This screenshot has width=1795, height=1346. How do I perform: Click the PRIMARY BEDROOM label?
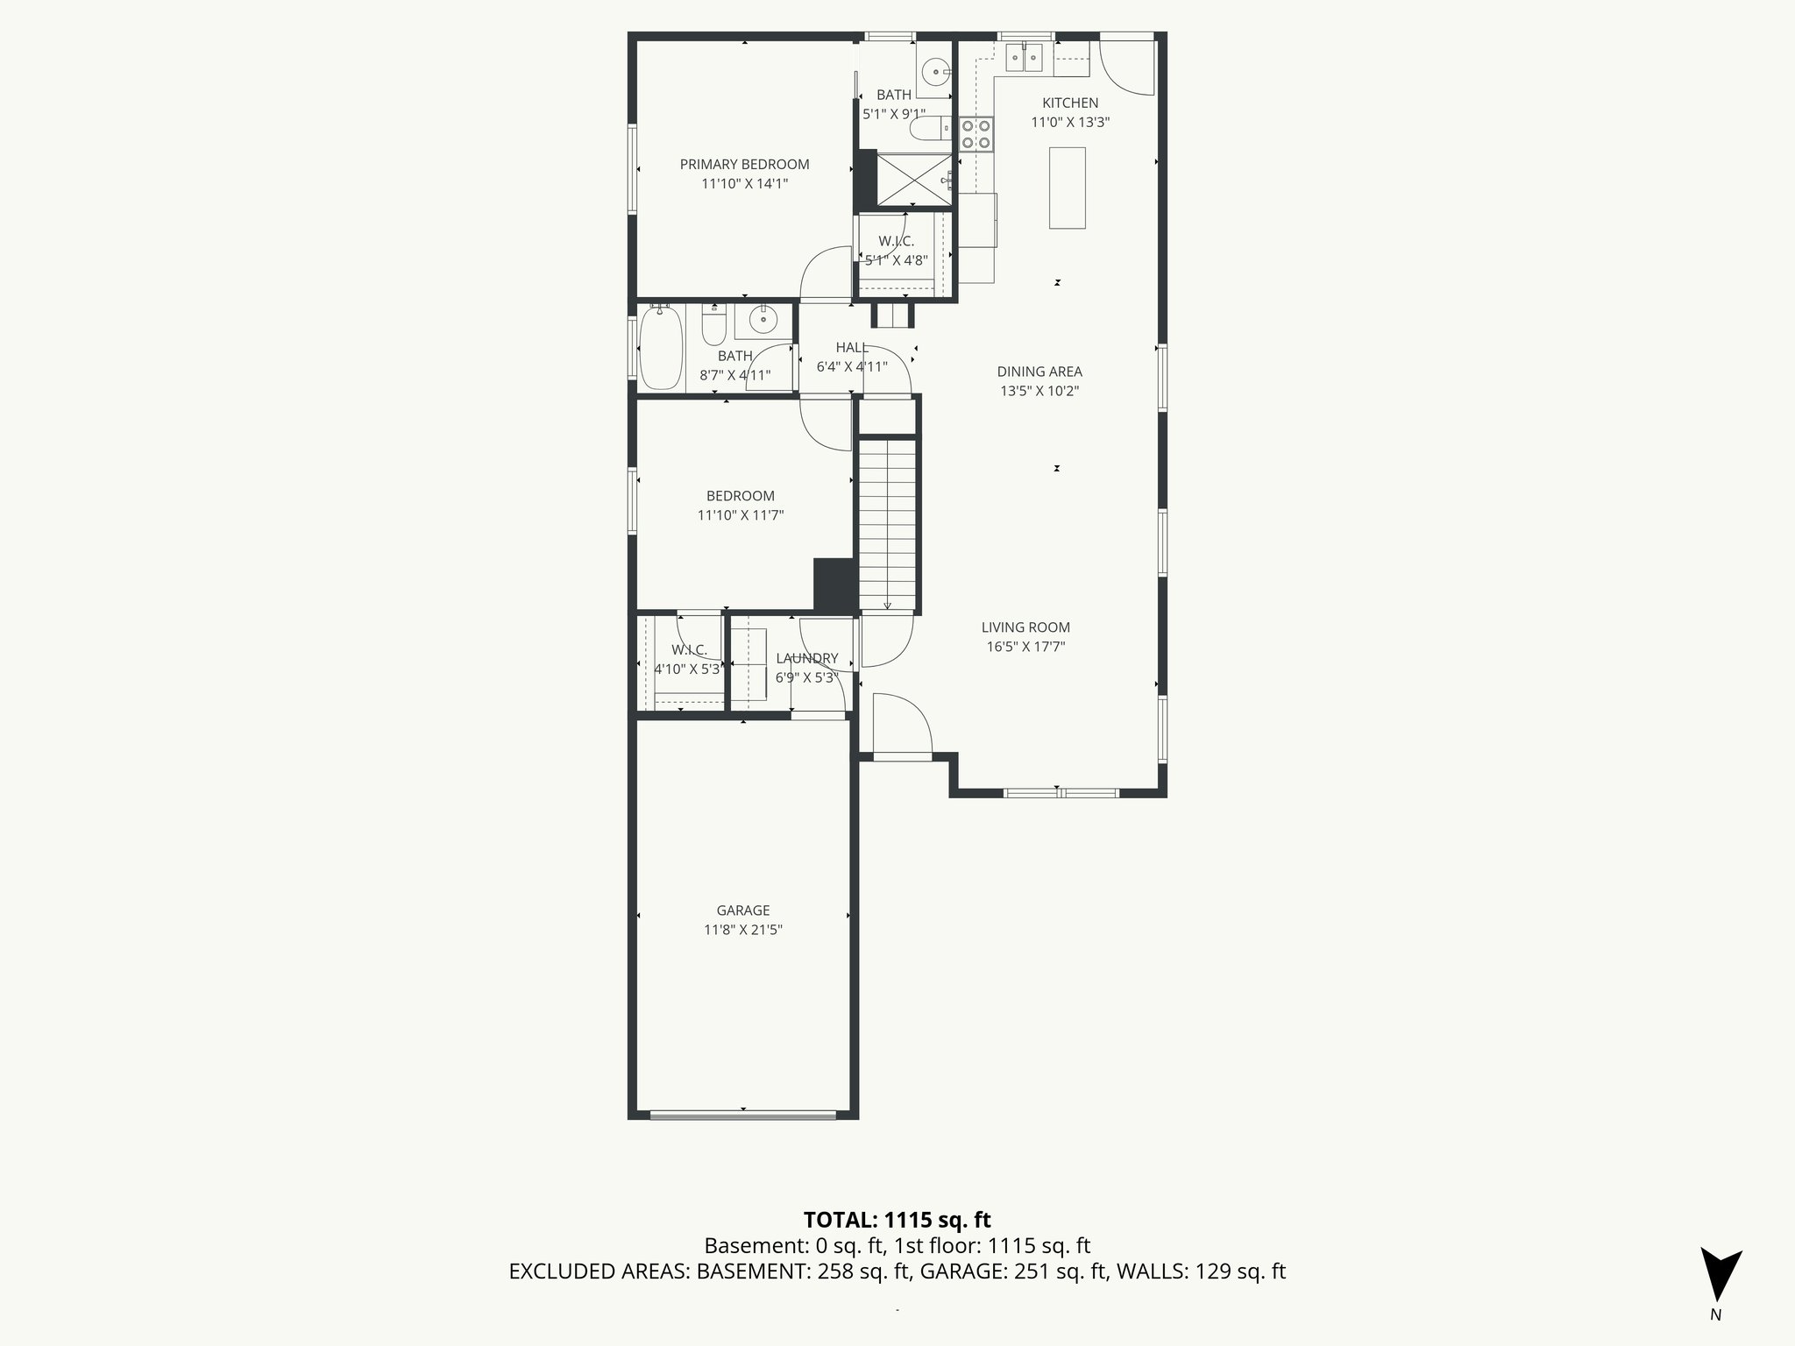(x=744, y=165)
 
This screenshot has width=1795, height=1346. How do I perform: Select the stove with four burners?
(x=976, y=134)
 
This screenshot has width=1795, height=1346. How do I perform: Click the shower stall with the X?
(x=913, y=181)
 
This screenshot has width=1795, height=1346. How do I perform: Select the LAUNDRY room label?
(x=806, y=658)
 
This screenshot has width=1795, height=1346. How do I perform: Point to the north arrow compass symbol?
(x=1720, y=1274)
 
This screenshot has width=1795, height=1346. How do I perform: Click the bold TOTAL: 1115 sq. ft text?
(x=897, y=1220)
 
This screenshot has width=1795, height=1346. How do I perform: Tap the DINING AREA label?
(x=1039, y=372)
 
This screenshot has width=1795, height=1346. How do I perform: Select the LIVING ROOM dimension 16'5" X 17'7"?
(x=1025, y=648)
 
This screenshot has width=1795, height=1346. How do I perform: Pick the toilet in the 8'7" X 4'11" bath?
(x=714, y=328)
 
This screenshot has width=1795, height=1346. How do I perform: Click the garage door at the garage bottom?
(x=742, y=1115)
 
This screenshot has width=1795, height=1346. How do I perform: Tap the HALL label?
(x=852, y=348)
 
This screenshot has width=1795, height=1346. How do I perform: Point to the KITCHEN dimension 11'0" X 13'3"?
(x=1070, y=124)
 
